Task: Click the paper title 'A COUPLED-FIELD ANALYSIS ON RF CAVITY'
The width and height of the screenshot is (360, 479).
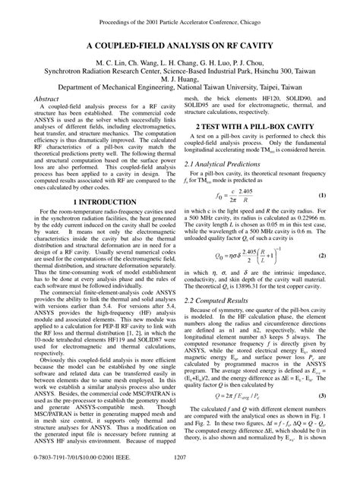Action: (x=180, y=46)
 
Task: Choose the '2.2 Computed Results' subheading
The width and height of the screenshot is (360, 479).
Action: (x=219, y=301)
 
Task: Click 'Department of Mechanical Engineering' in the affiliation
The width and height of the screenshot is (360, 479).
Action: (x=112, y=87)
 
